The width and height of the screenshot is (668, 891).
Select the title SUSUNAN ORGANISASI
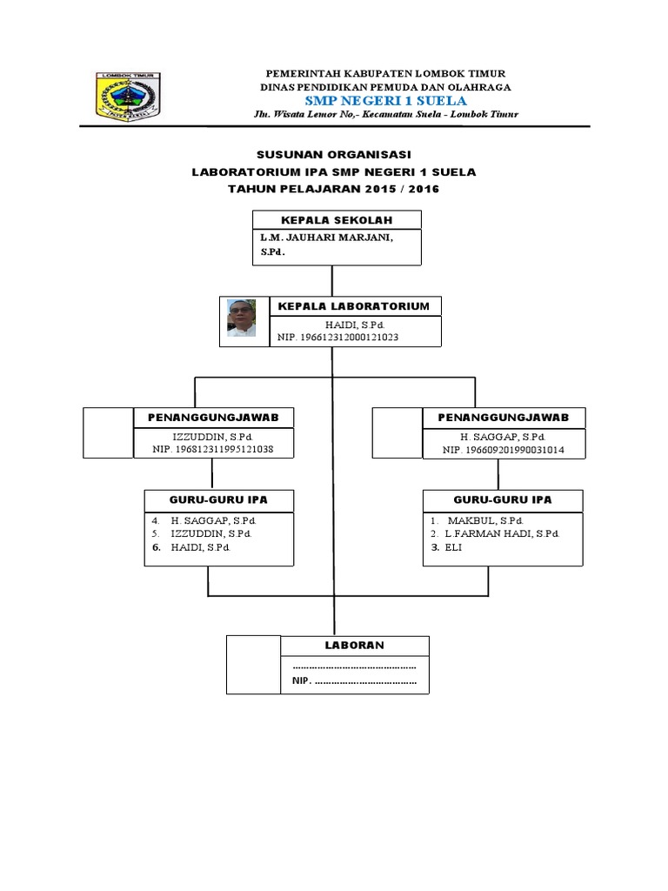[333, 154]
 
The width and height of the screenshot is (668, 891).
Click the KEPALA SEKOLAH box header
[336, 220]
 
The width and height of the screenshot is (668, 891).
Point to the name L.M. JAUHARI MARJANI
[321, 238]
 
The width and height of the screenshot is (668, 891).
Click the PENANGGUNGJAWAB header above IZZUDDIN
[213, 419]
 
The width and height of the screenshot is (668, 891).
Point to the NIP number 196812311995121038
[213, 450]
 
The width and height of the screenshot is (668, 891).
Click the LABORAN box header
[354, 646]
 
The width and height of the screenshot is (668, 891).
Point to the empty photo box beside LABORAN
[253, 665]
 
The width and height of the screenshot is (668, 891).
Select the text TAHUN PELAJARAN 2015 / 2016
[333, 189]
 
